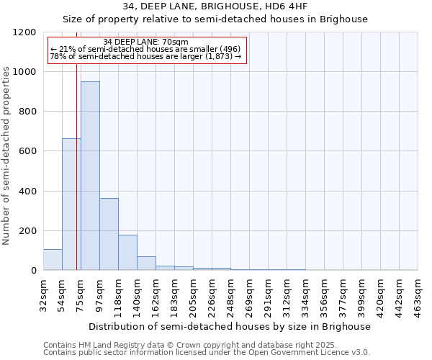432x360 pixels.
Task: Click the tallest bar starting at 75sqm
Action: (x=90, y=176)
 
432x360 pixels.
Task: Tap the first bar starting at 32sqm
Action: (x=53, y=259)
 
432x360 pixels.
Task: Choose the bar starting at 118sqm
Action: (x=127, y=252)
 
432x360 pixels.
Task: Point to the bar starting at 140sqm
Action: (x=146, y=263)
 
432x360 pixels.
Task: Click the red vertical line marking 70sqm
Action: (x=76, y=166)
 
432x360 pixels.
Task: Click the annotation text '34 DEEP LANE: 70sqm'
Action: (x=146, y=42)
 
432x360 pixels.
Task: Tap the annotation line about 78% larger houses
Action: (x=146, y=56)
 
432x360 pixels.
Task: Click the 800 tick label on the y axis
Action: (x=27, y=112)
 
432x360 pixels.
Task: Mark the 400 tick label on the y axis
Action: (x=27, y=192)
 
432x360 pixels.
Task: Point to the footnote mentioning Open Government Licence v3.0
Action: (x=207, y=352)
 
